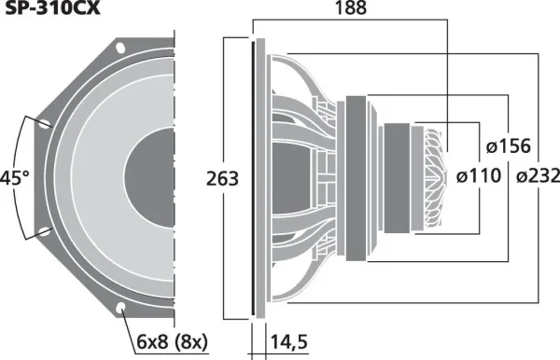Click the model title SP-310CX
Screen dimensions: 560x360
tap(52, 7)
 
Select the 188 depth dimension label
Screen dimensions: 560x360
tap(351, 7)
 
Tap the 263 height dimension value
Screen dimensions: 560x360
tap(222, 179)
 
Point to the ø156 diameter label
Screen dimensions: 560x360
tap(509, 145)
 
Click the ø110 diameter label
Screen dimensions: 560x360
tap(479, 176)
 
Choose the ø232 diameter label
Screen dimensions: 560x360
tap(538, 176)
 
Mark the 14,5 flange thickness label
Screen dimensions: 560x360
tap(289, 341)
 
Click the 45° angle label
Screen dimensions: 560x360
tap(14, 178)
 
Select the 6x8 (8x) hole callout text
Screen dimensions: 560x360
tap(172, 342)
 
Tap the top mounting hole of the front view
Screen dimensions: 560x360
tap(120, 48)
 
